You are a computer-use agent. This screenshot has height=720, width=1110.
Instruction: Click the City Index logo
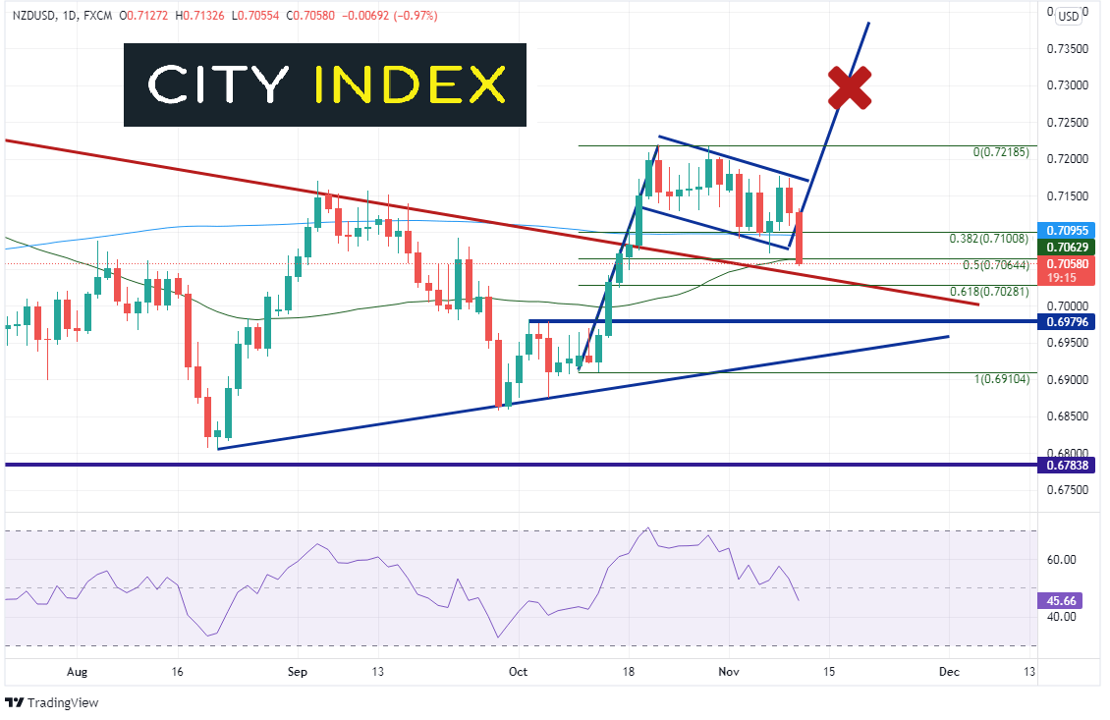[325, 85]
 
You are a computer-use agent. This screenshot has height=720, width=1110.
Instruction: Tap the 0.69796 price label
[1068, 321]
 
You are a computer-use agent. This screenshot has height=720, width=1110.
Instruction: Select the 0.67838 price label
[1068, 465]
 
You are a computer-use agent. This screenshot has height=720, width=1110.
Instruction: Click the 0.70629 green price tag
[1068, 248]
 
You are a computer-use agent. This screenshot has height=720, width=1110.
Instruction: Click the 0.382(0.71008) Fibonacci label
[989, 239]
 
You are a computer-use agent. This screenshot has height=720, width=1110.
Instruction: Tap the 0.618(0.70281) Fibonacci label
[989, 292]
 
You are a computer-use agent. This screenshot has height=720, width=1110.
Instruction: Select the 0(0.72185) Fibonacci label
[1000, 152]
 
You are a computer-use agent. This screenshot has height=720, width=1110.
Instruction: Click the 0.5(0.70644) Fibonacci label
[994, 265]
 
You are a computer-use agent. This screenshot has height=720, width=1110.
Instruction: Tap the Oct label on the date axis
[518, 673]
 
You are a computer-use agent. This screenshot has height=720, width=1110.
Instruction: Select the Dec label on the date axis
[949, 673]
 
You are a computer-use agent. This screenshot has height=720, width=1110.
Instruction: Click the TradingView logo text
[63, 702]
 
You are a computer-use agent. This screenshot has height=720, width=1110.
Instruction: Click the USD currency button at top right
[1068, 16]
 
